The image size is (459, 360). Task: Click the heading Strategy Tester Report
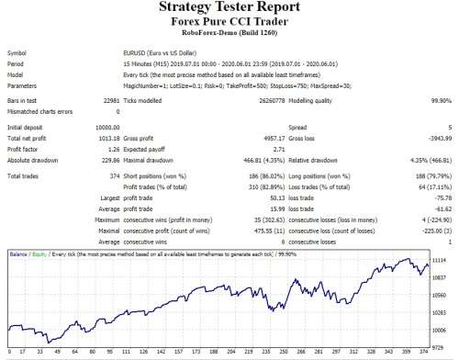click(x=229, y=8)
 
